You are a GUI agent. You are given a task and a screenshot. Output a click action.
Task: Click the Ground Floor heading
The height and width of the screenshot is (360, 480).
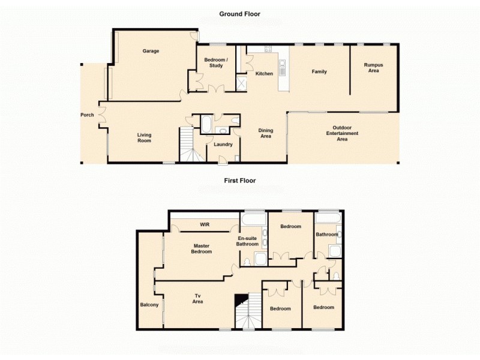click(x=239, y=14)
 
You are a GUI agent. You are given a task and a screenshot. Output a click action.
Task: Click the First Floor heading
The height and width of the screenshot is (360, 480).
click(x=239, y=180)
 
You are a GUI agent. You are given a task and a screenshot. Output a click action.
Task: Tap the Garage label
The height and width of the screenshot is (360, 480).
click(x=151, y=51)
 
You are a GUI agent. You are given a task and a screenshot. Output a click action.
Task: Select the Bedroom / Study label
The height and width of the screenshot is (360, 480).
click(x=214, y=62)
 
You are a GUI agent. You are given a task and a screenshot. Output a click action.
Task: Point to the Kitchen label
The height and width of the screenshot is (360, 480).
click(x=264, y=74)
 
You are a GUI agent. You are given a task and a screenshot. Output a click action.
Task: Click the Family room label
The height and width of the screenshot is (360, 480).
click(x=319, y=71)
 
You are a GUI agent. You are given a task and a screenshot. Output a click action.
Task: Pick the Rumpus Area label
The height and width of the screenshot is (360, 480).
click(x=374, y=67)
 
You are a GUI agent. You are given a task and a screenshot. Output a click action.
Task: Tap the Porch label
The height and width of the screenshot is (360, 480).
click(x=87, y=115)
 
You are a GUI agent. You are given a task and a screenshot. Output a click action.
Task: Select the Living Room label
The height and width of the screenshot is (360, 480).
click(x=144, y=138)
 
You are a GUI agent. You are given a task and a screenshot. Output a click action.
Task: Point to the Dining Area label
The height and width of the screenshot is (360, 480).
click(x=265, y=133)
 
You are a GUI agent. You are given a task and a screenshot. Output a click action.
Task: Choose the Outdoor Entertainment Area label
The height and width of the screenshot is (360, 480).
click(x=342, y=133)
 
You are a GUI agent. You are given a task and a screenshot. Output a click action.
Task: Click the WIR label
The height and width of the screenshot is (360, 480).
click(x=204, y=225)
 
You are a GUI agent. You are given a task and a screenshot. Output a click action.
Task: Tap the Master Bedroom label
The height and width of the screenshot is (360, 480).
click(x=202, y=248)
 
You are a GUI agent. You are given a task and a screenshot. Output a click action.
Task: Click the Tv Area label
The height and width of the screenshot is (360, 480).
click(x=197, y=298)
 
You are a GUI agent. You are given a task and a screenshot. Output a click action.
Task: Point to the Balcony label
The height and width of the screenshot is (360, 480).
click(x=149, y=305)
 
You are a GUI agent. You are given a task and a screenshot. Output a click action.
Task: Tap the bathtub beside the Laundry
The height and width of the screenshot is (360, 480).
click(x=206, y=125)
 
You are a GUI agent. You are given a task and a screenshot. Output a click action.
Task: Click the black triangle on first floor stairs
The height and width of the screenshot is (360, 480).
click(x=241, y=299)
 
